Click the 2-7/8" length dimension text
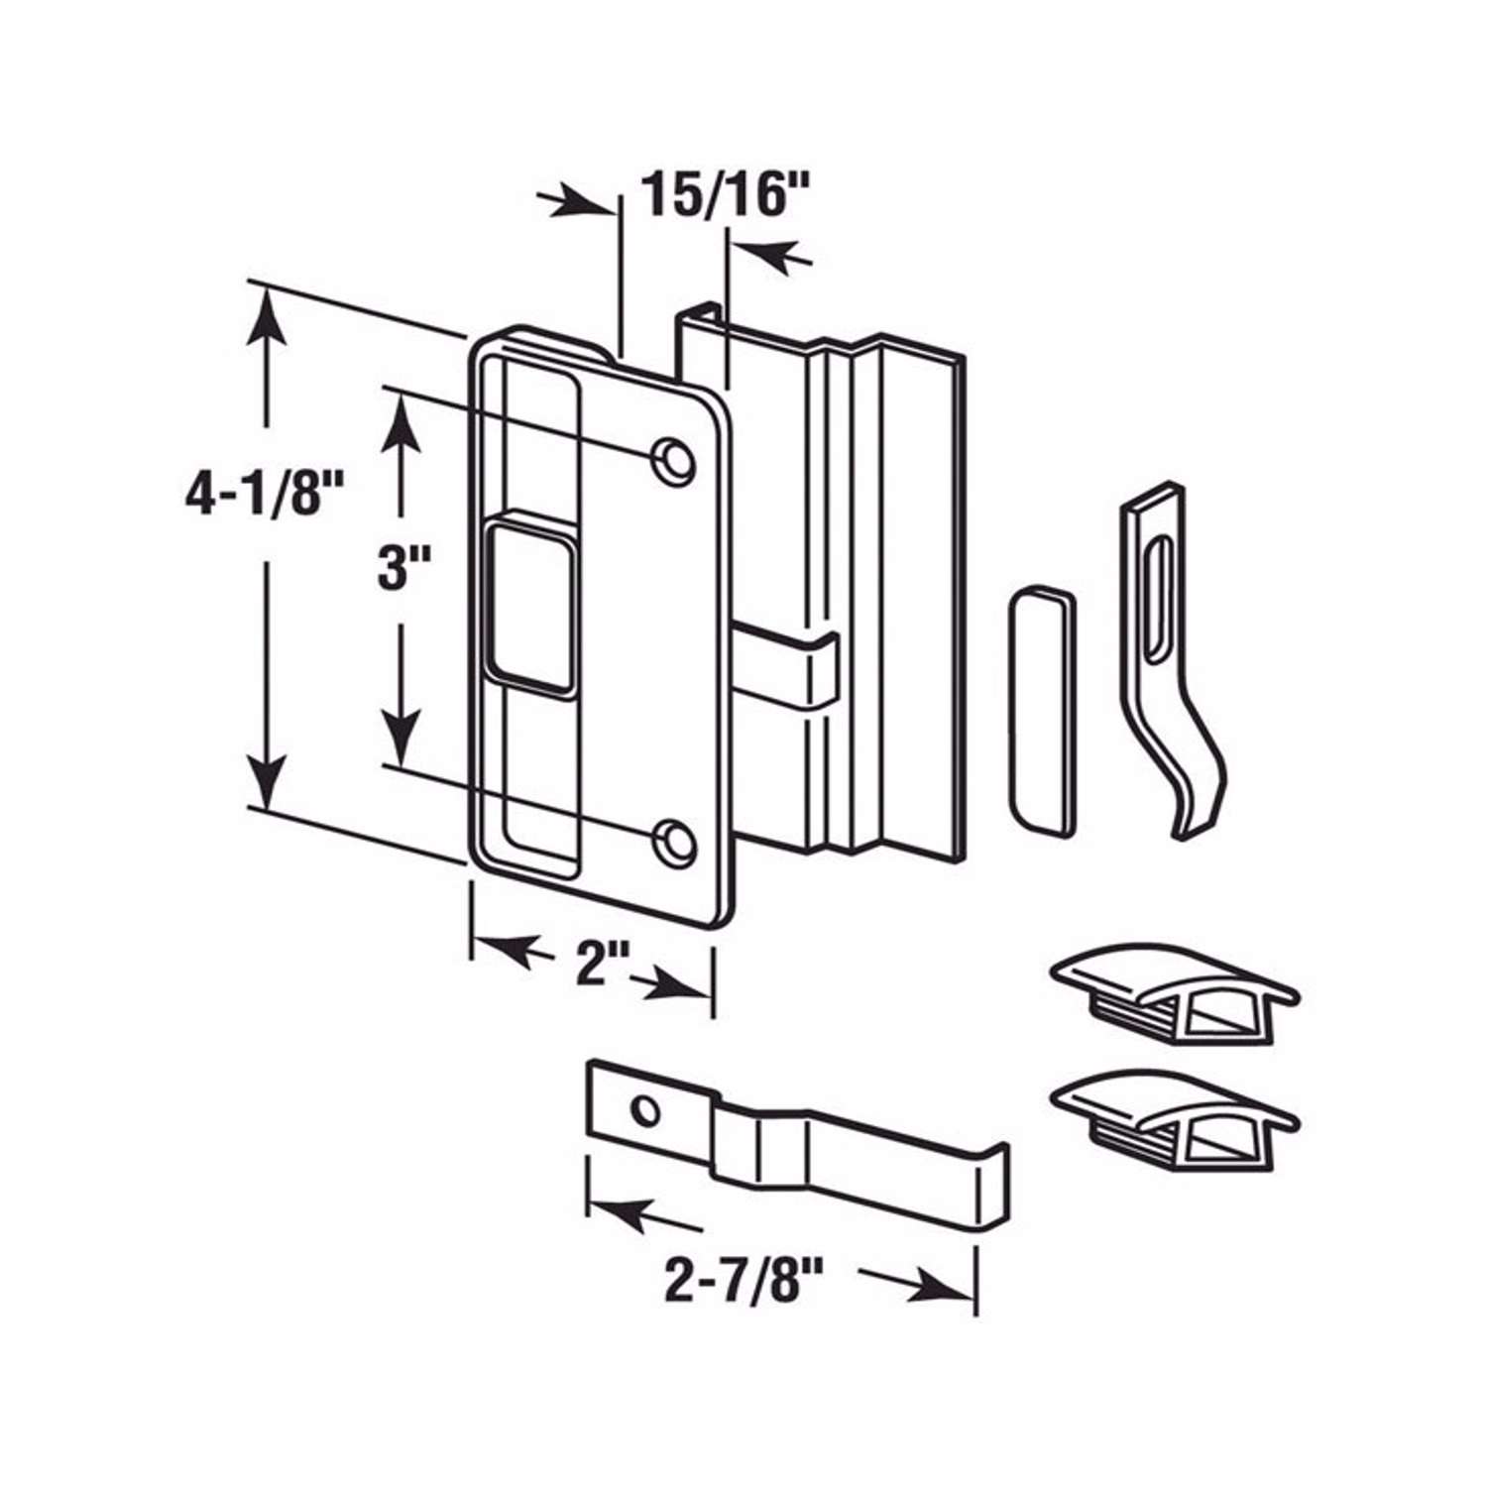(731, 1283)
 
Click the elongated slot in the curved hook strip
(1157, 599)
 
